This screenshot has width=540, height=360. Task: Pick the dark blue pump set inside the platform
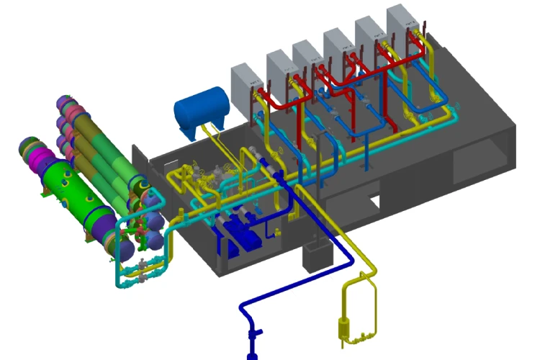click(x=241, y=234)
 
